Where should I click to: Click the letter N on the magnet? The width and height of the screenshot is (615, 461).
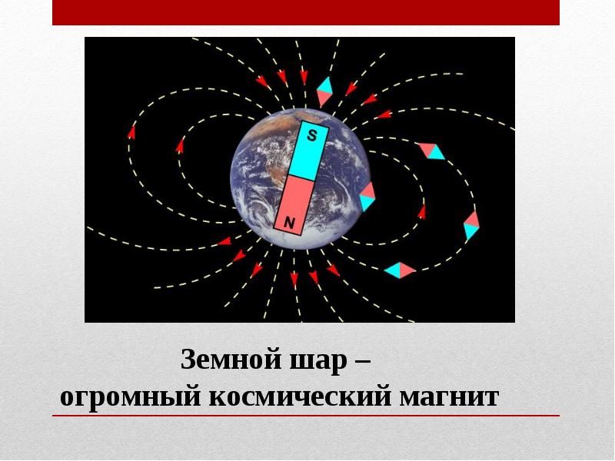pyautogui.click(x=290, y=223)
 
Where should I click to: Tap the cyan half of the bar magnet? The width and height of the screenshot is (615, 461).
pyautogui.click(x=308, y=149)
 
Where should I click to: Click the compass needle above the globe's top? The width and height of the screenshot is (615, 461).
pyautogui.click(x=324, y=91)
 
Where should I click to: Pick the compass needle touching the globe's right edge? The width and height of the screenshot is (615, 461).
pyautogui.click(x=367, y=197)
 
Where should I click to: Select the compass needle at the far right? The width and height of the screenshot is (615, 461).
pyautogui.click(x=471, y=225)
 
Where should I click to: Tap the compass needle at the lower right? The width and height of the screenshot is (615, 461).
pyautogui.click(x=400, y=270)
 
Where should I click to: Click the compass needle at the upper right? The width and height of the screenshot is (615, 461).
pyautogui.click(x=430, y=151)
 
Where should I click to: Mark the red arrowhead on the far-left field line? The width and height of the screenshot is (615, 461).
pyautogui.click(x=131, y=132)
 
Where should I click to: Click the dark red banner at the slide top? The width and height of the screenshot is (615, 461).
pyautogui.click(x=306, y=12)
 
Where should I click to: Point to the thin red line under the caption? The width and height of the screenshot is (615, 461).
pyautogui.click(x=306, y=416)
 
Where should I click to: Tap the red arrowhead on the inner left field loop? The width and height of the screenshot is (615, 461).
pyautogui.click(x=181, y=144)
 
